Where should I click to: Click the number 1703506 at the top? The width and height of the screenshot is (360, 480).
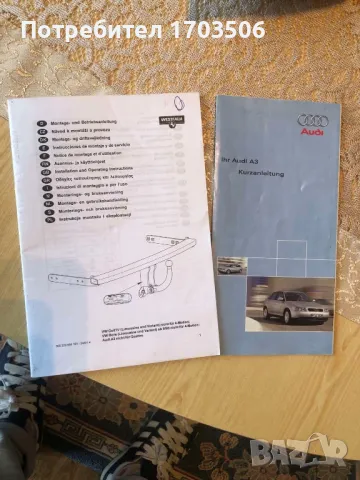point(219,30)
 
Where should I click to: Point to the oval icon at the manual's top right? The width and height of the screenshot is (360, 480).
point(176,100)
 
